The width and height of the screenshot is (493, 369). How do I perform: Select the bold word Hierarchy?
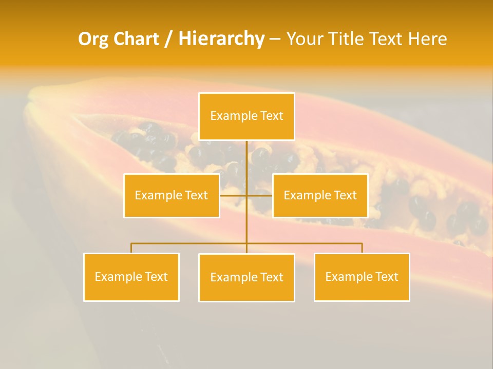click(x=221, y=39)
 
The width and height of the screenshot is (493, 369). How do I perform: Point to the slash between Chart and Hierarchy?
click(x=168, y=39)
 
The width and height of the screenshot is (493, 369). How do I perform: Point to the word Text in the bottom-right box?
click(x=386, y=277)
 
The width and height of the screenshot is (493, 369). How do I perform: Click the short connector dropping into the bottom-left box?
click(x=131, y=248)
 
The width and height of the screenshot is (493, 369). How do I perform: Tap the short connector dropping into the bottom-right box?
click(x=362, y=248)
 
